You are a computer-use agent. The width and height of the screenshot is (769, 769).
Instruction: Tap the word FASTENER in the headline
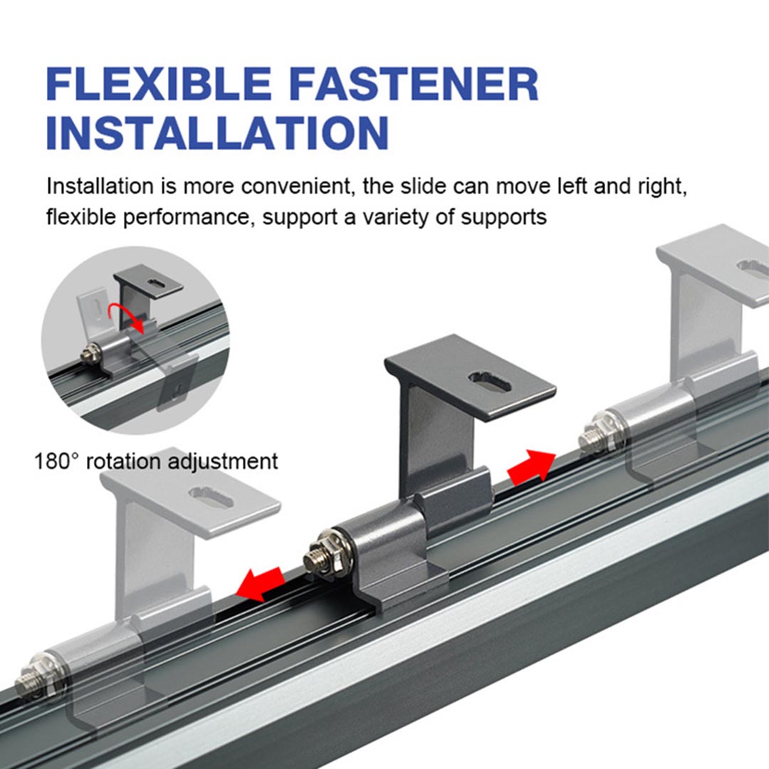tap(414, 84)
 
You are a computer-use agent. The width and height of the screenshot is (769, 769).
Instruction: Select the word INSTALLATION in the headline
tap(217, 132)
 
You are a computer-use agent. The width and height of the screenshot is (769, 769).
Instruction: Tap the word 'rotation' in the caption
tap(123, 461)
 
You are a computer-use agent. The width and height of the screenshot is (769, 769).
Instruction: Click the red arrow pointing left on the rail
tap(260, 583)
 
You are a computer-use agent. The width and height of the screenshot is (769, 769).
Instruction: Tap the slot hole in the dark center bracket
tap(489, 382)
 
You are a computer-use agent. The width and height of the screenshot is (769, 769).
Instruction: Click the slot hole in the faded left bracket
tap(211, 498)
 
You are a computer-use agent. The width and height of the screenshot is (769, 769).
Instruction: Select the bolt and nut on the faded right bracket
tap(599, 434)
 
